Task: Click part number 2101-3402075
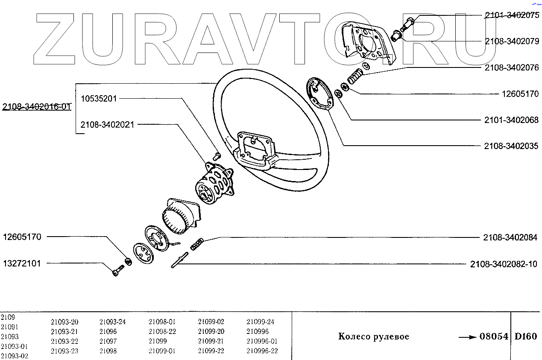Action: [x=511, y=16]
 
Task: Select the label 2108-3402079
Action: [x=511, y=41]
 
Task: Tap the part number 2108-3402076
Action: [x=511, y=67]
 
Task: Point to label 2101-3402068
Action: [x=511, y=120]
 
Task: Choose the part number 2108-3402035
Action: [x=511, y=146]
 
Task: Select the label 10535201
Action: [x=99, y=99]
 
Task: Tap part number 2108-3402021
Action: [x=107, y=125]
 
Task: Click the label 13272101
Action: [x=22, y=263]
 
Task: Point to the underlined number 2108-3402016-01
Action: [x=36, y=107]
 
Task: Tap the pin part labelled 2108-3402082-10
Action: [x=179, y=260]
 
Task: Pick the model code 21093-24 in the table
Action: [x=112, y=322]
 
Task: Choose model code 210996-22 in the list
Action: [x=262, y=351]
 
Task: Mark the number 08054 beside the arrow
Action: [x=494, y=337]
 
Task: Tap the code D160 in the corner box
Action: [x=526, y=337]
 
